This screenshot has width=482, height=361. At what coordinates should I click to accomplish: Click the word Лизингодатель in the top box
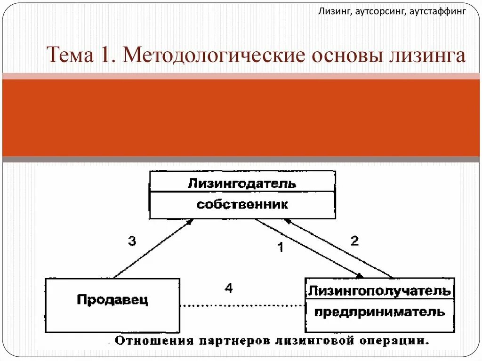[x=242, y=183]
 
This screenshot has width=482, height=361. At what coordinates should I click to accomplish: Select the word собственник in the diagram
[x=242, y=205]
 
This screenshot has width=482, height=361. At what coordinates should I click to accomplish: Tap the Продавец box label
[x=112, y=299]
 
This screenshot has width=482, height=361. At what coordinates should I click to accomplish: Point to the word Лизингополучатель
[x=379, y=290]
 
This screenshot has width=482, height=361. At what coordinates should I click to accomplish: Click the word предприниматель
[x=379, y=312]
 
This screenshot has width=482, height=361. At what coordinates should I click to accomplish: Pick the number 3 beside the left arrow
[x=132, y=241]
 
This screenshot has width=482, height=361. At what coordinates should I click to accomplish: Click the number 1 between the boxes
[x=280, y=247]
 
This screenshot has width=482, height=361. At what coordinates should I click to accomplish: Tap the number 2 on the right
[x=354, y=241]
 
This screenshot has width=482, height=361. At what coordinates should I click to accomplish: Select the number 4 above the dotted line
[x=228, y=288]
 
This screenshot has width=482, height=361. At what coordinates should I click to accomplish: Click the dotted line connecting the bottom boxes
[x=242, y=306]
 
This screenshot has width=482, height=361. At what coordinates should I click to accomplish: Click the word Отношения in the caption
[x=149, y=340]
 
